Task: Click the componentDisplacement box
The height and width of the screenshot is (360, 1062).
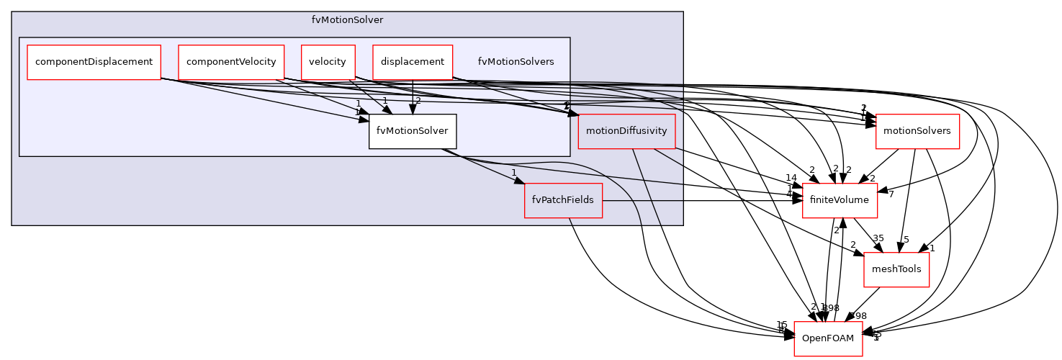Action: (94, 62)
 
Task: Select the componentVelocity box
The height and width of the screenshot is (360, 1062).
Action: (231, 62)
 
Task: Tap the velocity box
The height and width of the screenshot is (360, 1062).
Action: (328, 62)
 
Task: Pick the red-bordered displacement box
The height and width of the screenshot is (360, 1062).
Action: (412, 62)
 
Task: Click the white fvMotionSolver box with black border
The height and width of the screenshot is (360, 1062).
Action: (412, 131)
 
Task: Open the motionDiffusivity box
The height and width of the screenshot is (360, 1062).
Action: (626, 131)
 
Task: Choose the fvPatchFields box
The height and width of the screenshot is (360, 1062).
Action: (562, 200)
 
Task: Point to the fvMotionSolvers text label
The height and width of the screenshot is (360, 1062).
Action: (516, 62)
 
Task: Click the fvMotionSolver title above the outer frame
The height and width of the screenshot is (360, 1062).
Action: (347, 20)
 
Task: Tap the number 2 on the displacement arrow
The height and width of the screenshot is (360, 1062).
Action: (418, 101)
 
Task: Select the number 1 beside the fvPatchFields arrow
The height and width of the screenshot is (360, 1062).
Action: (514, 173)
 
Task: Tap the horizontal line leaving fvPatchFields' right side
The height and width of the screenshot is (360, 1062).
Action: (641, 200)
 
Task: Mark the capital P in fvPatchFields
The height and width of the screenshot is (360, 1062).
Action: (544, 200)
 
